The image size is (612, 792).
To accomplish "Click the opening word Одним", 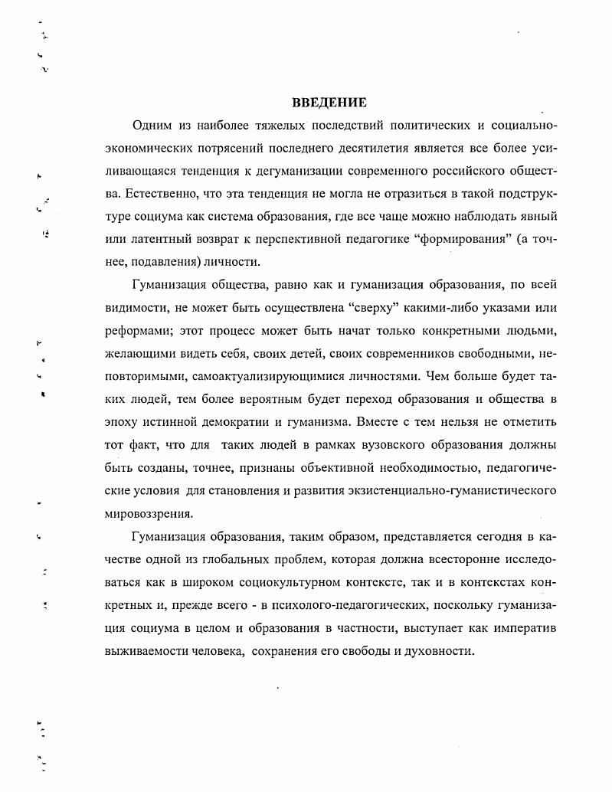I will click(x=150, y=125).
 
